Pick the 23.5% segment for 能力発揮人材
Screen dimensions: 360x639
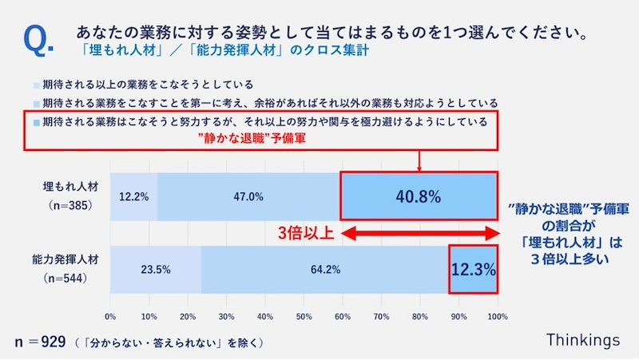point(156,269)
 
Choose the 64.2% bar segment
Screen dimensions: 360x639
point(325,269)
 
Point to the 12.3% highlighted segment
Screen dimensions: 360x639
point(474,269)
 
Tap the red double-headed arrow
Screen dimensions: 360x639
point(420,234)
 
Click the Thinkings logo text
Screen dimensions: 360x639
point(582,340)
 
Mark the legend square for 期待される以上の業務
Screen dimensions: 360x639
point(36,84)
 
